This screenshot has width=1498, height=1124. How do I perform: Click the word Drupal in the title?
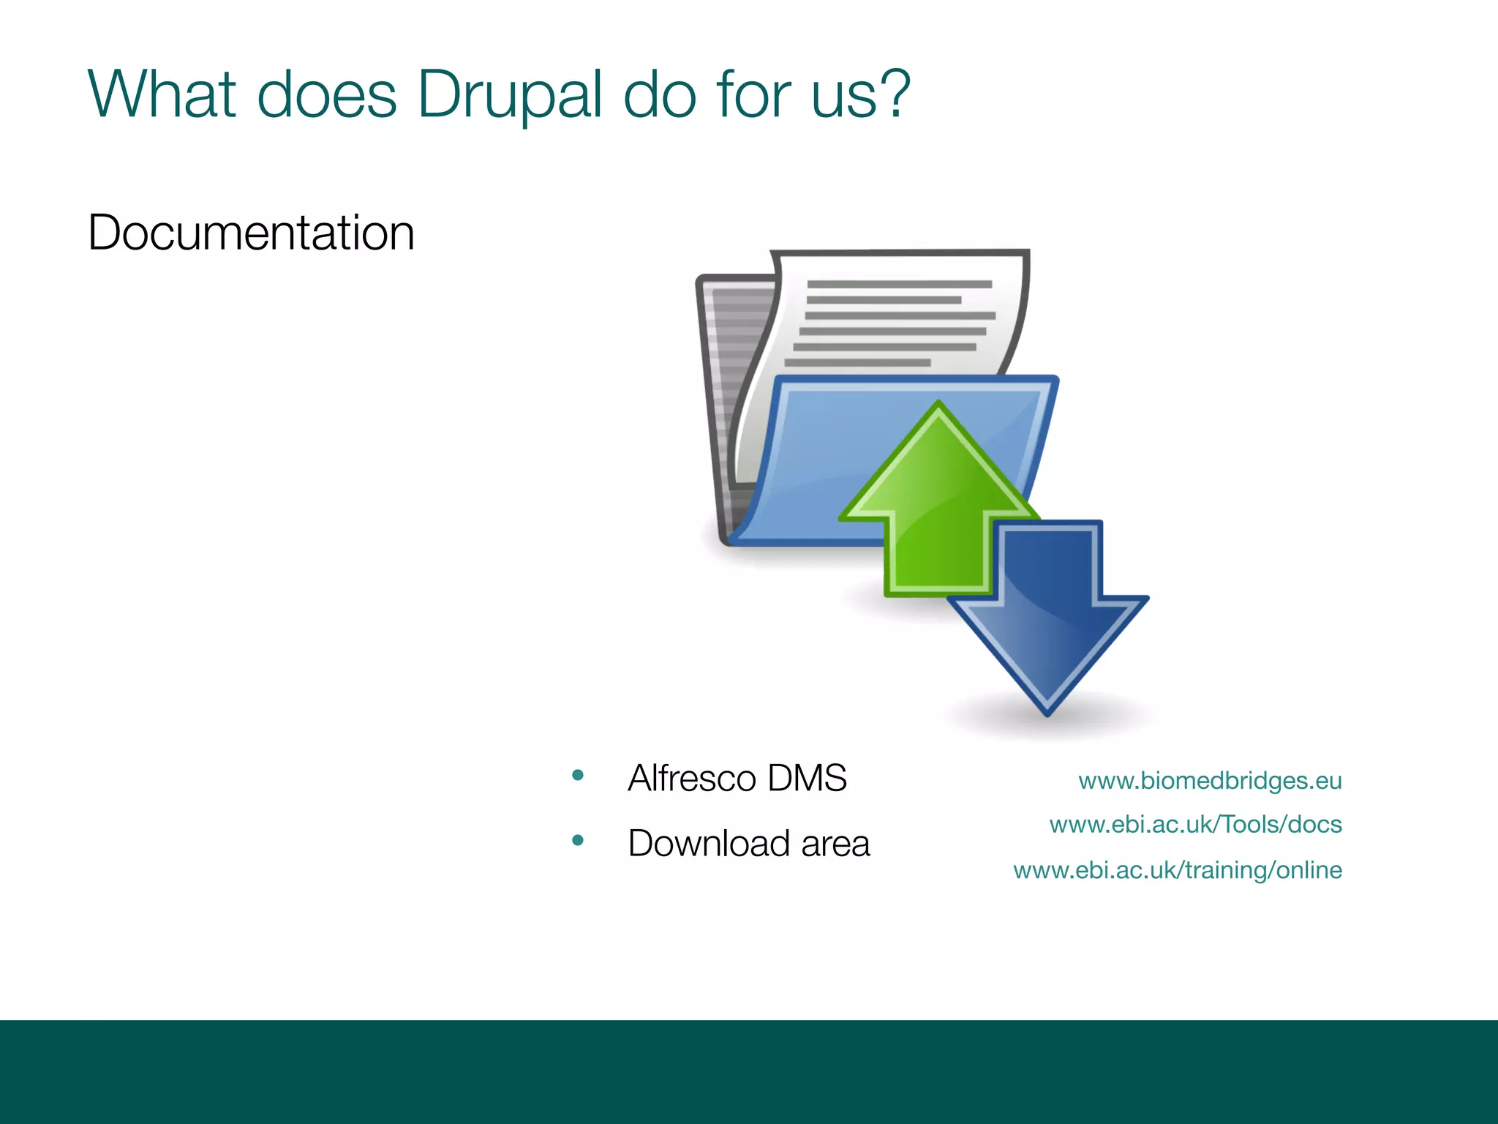(x=509, y=95)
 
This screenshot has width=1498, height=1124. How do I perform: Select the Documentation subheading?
(x=251, y=233)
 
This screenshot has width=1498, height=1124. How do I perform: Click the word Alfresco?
(x=692, y=778)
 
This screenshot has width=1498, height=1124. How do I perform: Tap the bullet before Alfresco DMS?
(x=578, y=775)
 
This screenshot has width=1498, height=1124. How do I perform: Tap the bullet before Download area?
(x=578, y=840)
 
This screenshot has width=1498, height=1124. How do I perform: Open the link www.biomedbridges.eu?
(x=1210, y=781)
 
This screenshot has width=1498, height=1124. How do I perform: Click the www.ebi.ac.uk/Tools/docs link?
(x=1195, y=825)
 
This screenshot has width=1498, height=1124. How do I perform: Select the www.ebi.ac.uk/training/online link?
(x=1178, y=870)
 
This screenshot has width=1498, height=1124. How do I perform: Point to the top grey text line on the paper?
(x=899, y=285)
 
